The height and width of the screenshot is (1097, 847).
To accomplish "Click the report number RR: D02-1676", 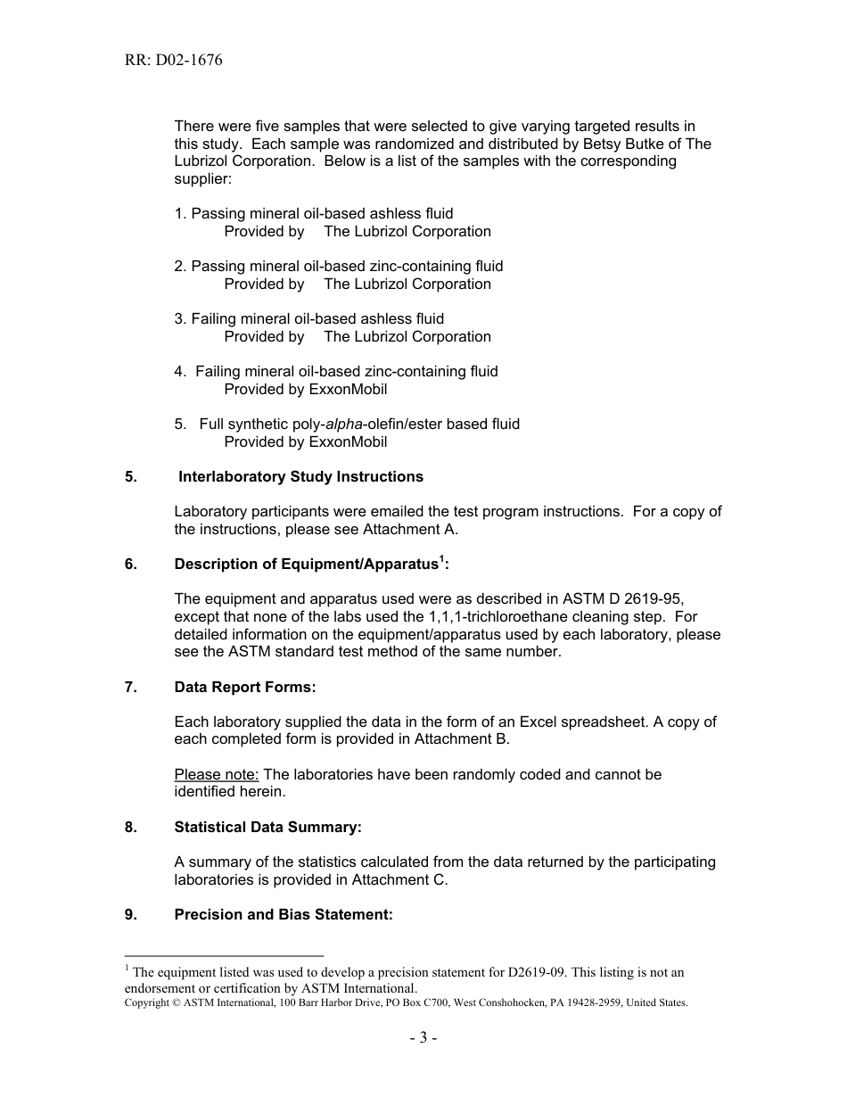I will pos(173,61).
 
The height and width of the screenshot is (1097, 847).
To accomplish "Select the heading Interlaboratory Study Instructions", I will pos(300,476).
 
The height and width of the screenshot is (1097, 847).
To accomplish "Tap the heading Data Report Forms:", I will pos(245,687).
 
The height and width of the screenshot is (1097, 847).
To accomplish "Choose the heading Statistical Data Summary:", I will pos(267,827).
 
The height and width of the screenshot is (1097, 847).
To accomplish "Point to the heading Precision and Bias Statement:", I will pos(284,914).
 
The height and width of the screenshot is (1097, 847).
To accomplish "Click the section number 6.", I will pos(130,565).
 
